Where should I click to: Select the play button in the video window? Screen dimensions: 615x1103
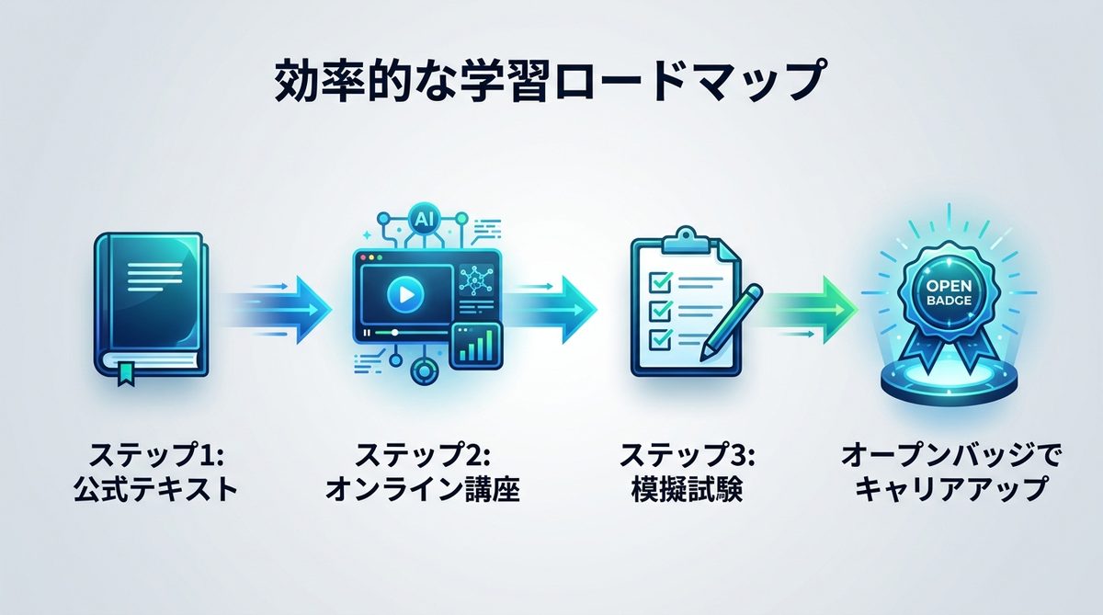coord(401,293)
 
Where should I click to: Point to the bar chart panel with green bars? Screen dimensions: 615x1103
coord(477,347)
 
